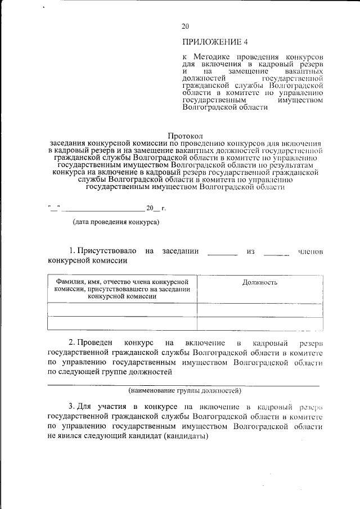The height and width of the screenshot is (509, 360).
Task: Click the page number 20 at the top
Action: pyautogui.click(x=186, y=26)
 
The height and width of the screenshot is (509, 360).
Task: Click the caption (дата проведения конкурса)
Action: pyautogui.click(x=116, y=222)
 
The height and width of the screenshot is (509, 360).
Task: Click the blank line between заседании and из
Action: pyautogui.click(x=223, y=254)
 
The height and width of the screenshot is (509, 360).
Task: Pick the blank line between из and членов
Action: pyautogui.click(x=276, y=254)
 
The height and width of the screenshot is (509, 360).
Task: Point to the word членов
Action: pyautogui.click(x=310, y=251)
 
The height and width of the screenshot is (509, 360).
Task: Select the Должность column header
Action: pyautogui.click(x=259, y=282)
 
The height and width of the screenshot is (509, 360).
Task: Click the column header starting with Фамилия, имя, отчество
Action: pyautogui.click(x=122, y=289)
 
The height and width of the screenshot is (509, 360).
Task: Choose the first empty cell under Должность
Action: pyautogui.click(x=259, y=310)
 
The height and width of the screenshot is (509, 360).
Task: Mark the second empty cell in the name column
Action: pyautogui.click(x=122, y=323)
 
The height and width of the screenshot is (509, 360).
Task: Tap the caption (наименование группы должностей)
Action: pyautogui.click(x=184, y=390)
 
